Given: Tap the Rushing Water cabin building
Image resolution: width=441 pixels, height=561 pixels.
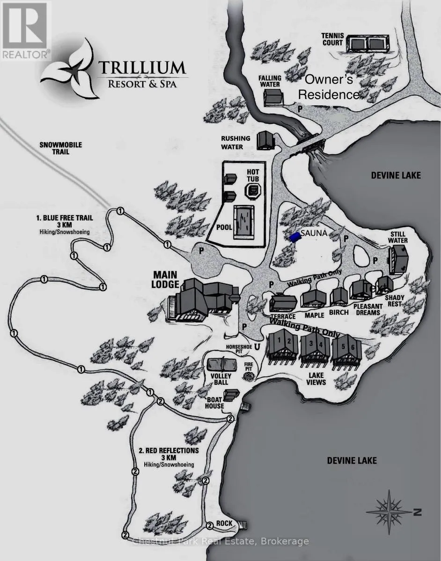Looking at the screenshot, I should pyautogui.click(x=265, y=139).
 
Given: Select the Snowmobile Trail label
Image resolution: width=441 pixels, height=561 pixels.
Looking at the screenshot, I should pyautogui.click(x=60, y=148).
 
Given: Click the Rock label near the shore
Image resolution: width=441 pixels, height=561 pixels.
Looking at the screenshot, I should pyautogui.click(x=225, y=523).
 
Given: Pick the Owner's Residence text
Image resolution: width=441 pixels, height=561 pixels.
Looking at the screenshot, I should pyautogui.click(x=329, y=87).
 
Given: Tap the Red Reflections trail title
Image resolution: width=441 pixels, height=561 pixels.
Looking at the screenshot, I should pyautogui.click(x=169, y=450).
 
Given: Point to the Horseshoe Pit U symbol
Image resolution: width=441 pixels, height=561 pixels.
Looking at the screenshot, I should pyautogui.click(x=257, y=347).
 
